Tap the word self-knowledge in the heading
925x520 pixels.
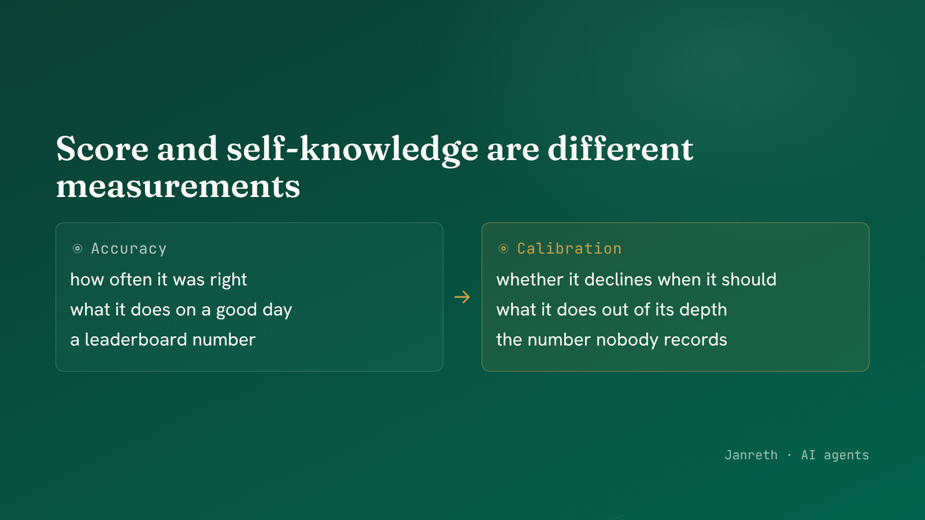click(352, 150)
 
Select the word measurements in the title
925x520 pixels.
click(178, 187)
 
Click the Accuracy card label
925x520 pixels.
click(129, 248)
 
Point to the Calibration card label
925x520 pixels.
click(569, 248)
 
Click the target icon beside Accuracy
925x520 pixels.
click(77, 248)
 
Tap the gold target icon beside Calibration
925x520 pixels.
click(504, 248)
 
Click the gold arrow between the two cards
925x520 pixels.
click(462, 297)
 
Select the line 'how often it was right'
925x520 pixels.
click(158, 280)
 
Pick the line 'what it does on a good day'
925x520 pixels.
click(182, 310)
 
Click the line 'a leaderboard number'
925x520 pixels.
click(163, 340)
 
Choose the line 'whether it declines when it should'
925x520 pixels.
click(637, 280)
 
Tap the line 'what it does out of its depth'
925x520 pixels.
click(612, 310)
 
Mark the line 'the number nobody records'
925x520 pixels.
click(612, 340)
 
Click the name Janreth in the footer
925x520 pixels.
click(751, 455)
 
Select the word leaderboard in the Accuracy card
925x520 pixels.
click(136, 340)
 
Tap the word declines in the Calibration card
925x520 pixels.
click(619, 280)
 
